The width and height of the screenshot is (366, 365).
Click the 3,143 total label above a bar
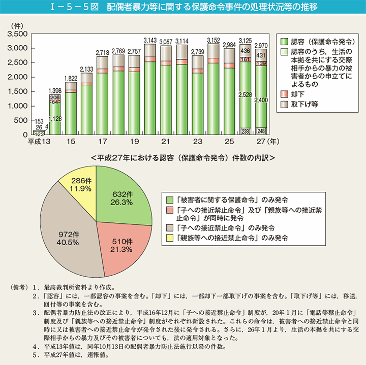150,40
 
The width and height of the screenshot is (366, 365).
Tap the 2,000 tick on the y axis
18,77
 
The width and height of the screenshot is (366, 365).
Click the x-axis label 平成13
38,141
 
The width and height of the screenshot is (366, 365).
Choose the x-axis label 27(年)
266,141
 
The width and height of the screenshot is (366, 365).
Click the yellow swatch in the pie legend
166,237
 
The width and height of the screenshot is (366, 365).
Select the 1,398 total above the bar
55,89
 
